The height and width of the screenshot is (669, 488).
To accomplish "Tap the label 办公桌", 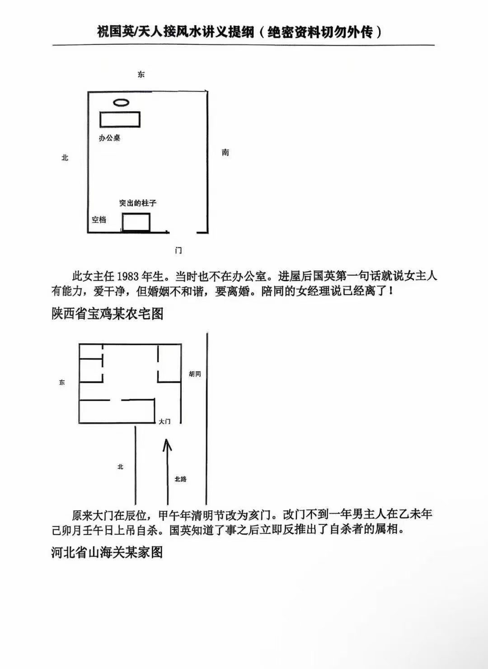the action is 109,138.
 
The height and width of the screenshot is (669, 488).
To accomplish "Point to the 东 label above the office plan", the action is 141,75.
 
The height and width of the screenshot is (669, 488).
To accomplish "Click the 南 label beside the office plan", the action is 225,153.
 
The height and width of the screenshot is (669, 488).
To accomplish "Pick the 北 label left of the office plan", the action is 65,157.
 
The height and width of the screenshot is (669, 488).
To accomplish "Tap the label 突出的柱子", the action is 138,203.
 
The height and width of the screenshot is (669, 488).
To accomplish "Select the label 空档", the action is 99,220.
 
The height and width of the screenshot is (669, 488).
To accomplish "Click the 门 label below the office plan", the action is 178,250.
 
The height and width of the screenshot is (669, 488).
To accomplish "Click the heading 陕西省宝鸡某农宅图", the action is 107,314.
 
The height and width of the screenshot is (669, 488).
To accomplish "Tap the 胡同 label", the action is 195,374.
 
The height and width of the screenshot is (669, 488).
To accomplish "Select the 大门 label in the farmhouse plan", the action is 164,421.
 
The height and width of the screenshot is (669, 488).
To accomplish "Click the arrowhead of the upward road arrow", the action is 167,444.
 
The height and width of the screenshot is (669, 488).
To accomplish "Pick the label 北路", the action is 181,479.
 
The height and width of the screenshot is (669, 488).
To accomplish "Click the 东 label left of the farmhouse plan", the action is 62,382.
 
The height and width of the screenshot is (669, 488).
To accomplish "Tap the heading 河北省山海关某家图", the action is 107,552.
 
